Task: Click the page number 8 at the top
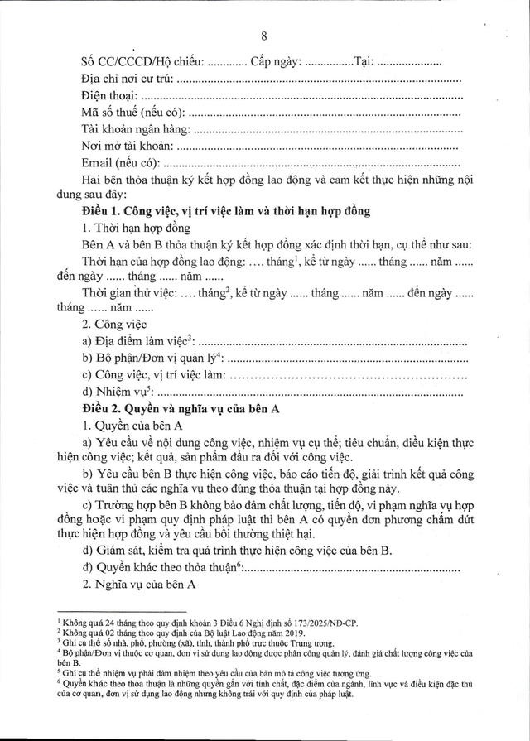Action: tap(264, 35)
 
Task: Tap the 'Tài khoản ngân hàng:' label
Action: tap(137, 129)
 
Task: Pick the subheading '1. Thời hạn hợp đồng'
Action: tap(136, 228)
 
